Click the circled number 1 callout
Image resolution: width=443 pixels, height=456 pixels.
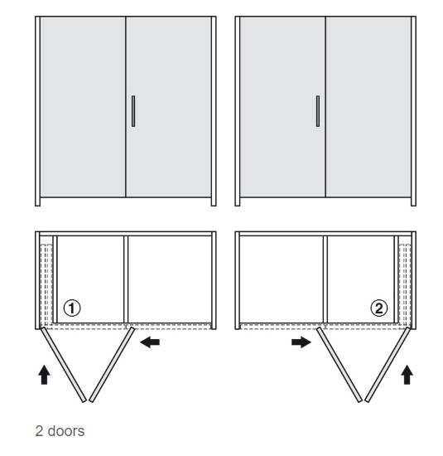(72, 308)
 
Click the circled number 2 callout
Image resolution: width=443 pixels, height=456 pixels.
(379, 308)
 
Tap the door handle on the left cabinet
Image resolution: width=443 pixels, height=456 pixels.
(133, 111)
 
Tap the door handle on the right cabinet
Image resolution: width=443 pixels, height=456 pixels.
(318, 111)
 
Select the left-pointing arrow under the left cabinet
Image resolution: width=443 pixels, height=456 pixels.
(150, 342)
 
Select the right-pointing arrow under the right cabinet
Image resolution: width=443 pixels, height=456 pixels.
(301, 342)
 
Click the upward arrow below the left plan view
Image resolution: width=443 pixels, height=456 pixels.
(44, 375)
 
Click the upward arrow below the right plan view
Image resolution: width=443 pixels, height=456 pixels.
(407, 375)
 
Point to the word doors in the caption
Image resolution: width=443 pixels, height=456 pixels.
(66, 431)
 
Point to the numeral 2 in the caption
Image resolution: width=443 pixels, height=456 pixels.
(39, 431)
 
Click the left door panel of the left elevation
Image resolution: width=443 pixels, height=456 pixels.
(83, 107)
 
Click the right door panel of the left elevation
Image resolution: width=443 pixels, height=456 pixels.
(169, 107)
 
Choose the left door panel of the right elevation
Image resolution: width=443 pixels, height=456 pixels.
(282, 107)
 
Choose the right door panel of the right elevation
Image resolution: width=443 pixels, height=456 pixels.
(368, 107)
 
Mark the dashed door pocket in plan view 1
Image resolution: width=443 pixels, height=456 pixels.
(46, 285)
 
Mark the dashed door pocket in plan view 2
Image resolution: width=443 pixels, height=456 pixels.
(405, 285)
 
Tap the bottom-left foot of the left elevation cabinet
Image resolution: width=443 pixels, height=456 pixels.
(37, 201)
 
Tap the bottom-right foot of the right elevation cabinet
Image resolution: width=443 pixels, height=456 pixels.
(413, 201)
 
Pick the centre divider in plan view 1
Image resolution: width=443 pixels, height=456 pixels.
(126, 279)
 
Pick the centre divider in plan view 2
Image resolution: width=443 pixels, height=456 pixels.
(325, 279)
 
